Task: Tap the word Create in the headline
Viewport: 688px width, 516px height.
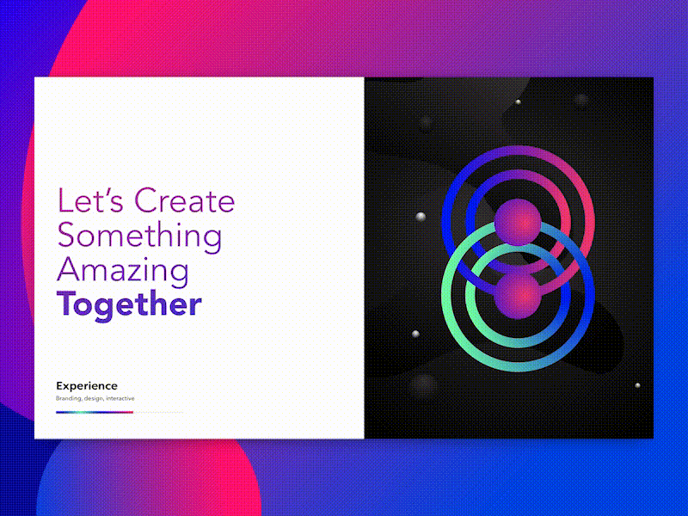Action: point(185,201)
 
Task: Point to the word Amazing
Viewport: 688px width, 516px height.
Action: point(123,271)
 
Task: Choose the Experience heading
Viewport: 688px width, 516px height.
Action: point(87,386)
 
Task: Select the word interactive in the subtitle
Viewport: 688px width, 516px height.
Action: point(120,399)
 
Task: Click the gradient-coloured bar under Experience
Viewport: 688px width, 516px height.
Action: point(95,412)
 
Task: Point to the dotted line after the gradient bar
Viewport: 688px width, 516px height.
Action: point(158,412)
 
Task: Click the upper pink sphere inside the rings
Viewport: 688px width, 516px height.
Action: point(517,222)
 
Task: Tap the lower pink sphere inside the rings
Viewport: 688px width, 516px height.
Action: point(517,295)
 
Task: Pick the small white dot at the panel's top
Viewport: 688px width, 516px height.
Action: point(518,102)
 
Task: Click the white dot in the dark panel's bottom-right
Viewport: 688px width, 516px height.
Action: point(637,385)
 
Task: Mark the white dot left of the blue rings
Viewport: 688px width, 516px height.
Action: point(420,216)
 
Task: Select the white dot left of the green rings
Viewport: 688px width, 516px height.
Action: point(415,334)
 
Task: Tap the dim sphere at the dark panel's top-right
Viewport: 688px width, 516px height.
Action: point(582,101)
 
